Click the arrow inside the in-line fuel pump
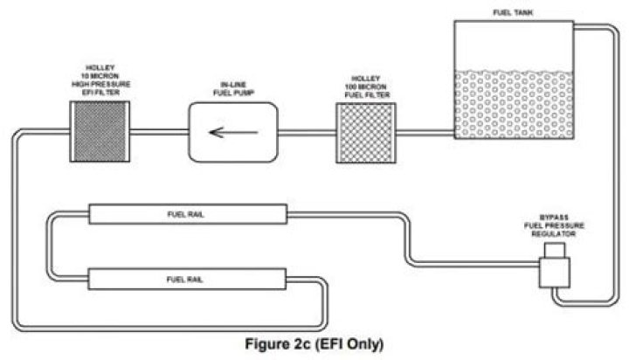(x=233, y=133)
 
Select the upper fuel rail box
(x=188, y=214)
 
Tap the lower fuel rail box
(x=187, y=279)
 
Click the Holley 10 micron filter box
(x=100, y=132)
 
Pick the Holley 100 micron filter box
(x=366, y=133)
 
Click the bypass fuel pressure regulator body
(x=555, y=273)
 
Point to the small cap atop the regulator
(x=555, y=250)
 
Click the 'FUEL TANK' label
(x=513, y=13)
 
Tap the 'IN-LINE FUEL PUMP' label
(x=233, y=89)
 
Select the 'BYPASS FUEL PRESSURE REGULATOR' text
(x=554, y=225)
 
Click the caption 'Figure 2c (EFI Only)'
(x=314, y=344)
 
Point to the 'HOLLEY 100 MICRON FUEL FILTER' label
(x=367, y=87)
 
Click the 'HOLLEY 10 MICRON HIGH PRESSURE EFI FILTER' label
(x=100, y=80)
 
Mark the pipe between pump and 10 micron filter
(x=159, y=132)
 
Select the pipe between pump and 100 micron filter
(x=307, y=133)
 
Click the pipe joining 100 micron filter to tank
(x=425, y=133)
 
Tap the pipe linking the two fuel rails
(x=49, y=246)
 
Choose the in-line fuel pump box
(x=233, y=133)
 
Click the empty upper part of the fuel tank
(x=514, y=46)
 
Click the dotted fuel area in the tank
(x=514, y=105)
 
